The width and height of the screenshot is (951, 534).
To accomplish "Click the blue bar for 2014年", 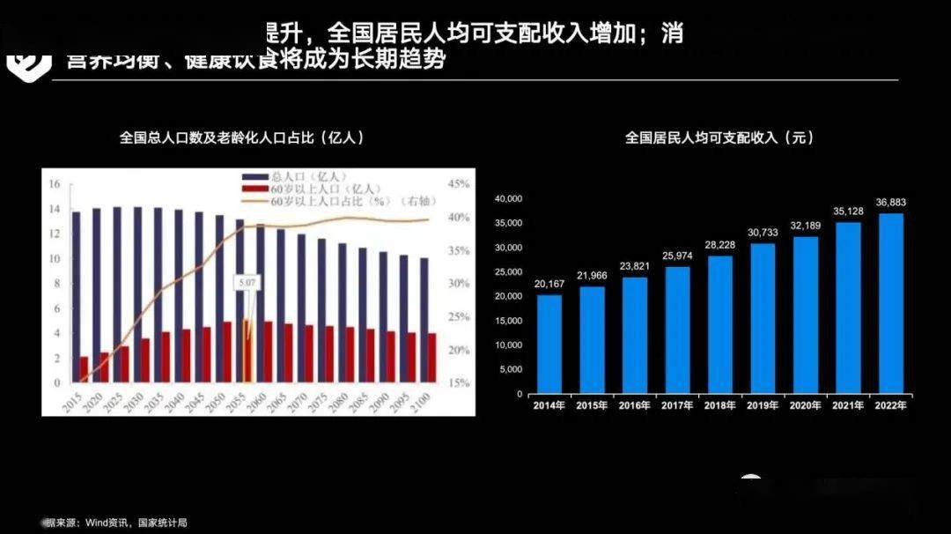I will pyautogui.click(x=549, y=344).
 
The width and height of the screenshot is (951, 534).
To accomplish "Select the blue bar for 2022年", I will pyautogui.click(x=891, y=303).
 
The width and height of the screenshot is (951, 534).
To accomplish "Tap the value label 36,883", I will pyautogui.click(x=891, y=203).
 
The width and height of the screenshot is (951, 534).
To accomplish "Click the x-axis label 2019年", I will pyautogui.click(x=763, y=405).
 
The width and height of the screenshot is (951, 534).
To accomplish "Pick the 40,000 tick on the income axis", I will pyautogui.click(x=510, y=198).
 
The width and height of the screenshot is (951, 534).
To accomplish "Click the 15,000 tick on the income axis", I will pyautogui.click(x=510, y=321).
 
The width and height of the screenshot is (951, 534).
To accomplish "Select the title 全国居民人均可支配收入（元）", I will pyautogui.click(x=719, y=138).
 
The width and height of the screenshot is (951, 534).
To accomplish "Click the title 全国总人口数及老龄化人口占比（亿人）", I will pyautogui.click(x=242, y=137).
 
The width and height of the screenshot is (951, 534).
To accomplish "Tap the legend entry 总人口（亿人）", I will pyautogui.click(x=299, y=176).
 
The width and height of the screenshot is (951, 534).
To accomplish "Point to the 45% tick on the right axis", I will pyautogui.click(x=459, y=184).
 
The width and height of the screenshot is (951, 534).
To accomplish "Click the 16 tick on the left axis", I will pyautogui.click(x=55, y=184).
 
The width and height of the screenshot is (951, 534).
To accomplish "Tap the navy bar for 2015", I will pyautogui.click(x=77, y=297).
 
